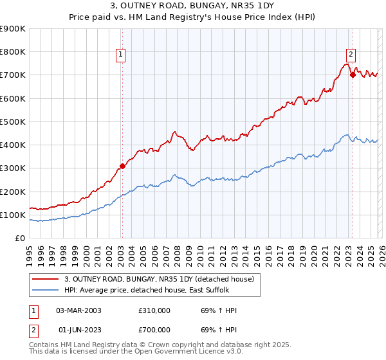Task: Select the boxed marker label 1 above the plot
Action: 121,55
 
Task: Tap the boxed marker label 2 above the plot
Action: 351,55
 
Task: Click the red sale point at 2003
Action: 122,166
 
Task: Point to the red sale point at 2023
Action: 353,75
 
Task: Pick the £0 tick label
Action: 19,239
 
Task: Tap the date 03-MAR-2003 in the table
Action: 78,310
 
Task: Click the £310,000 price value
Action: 154,310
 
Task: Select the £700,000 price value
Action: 154,330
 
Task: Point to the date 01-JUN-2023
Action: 78,330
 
